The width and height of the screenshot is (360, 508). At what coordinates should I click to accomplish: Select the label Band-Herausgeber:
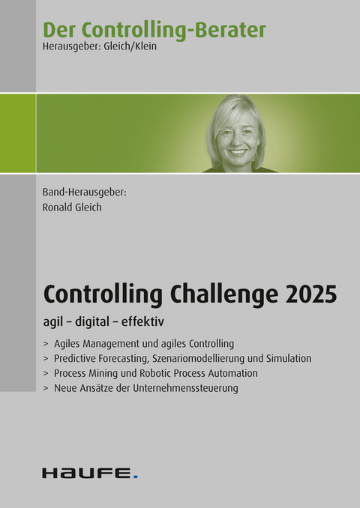pos(83,192)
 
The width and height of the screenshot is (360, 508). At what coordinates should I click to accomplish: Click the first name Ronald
pos(58,208)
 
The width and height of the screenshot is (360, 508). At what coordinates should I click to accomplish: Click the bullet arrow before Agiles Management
pos(46,344)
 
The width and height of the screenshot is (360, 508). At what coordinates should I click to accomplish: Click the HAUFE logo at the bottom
pos(87,473)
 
